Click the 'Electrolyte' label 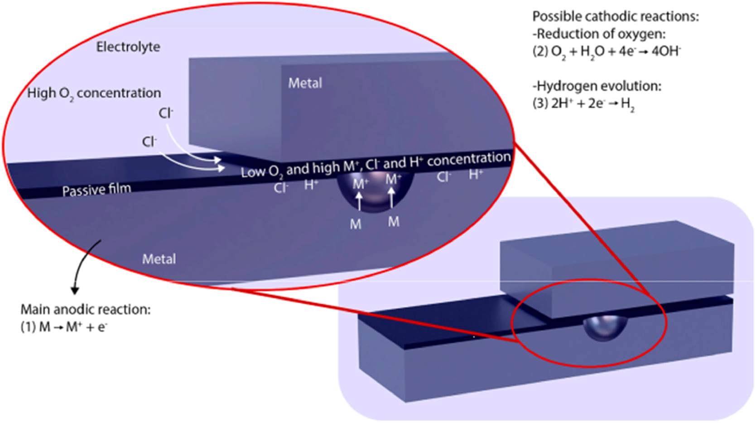click(x=128, y=47)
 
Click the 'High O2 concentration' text click(x=94, y=93)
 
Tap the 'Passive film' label click(x=96, y=190)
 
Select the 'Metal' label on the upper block click(x=305, y=83)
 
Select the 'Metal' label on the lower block click(x=159, y=259)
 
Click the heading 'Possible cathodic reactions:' click(x=615, y=17)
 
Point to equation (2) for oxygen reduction click(x=606, y=52)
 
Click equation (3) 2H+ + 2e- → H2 click(x=583, y=104)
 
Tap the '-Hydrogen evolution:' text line click(x=597, y=86)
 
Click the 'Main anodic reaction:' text click(x=85, y=309)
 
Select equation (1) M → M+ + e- click(x=63, y=327)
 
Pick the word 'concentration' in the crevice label click(x=468, y=159)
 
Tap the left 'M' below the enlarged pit click(x=356, y=224)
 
